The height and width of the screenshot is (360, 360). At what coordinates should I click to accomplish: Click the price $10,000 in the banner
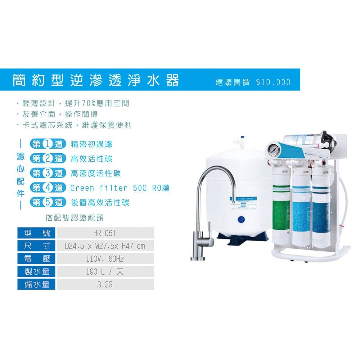tap(273, 82)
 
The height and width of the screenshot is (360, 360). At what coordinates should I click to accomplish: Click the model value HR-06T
tap(105, 233)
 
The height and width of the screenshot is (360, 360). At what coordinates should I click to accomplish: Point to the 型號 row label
tap(37, 233)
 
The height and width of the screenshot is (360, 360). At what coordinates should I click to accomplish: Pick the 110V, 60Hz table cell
tap(105, 259)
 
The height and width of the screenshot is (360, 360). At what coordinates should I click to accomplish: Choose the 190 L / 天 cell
tap(105, 271)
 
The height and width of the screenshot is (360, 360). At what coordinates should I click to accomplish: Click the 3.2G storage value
tap(105, 284)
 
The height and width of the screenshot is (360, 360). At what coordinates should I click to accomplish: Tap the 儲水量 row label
tap(37, 284)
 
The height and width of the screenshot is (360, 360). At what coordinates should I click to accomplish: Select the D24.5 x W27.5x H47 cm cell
tap(105, 246)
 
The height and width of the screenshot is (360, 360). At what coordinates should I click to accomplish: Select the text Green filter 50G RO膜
tap(120, 188)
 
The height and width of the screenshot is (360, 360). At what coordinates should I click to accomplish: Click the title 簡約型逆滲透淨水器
tap(96, 80)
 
